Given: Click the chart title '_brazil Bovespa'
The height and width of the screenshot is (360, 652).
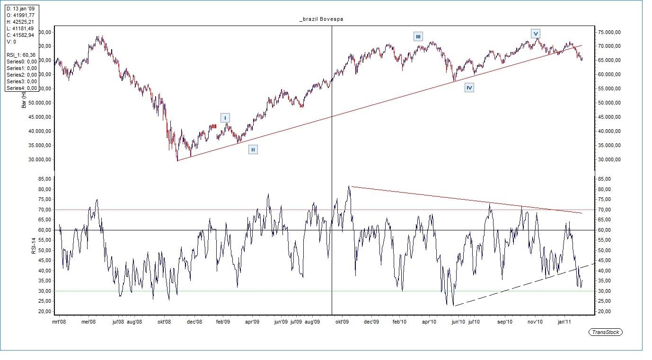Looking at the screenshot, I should coord(321,19).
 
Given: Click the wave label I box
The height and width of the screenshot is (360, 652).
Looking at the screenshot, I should coord(225,118).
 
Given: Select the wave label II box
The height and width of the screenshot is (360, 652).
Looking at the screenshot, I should coord(253,149).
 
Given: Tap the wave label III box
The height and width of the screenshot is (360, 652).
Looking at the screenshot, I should coord(418,36).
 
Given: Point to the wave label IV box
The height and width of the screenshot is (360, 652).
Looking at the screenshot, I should coord(469,88).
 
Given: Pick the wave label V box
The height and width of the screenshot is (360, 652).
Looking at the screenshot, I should coord(535,34).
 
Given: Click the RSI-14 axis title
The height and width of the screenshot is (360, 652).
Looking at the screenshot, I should coord(34,243).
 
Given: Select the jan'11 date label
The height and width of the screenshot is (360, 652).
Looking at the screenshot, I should coord(564,322).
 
